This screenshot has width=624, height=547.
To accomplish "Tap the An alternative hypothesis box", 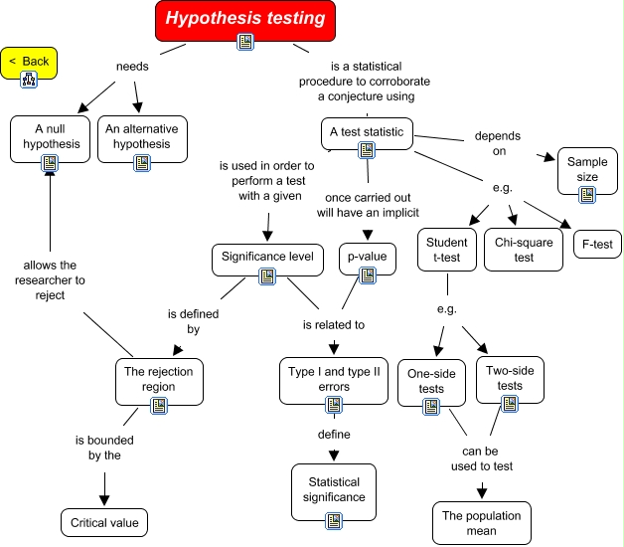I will coord(137,137).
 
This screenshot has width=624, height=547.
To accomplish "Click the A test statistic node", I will coord(365,132).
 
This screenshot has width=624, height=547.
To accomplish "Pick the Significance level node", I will coord(267,259).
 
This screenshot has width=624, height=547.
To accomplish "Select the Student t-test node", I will coord(446,250).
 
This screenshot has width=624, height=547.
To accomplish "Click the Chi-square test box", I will coord(523,250).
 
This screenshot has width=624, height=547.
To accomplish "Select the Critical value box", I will coord(104,522).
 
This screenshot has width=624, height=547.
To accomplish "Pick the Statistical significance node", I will coord(335,490).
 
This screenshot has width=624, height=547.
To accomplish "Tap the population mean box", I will coord(482,523).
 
